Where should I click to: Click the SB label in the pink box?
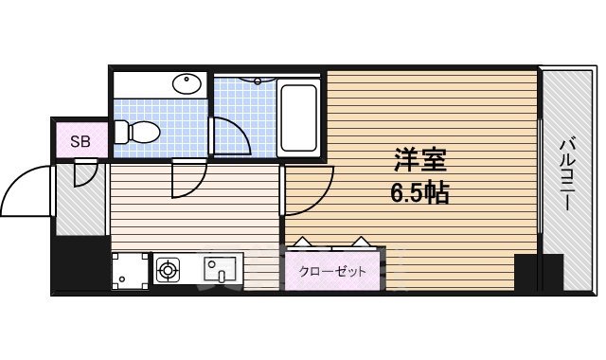point(80,142)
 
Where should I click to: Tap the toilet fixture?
point(137,132)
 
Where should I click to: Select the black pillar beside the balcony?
point(527,272)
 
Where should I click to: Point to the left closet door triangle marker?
point(302,242)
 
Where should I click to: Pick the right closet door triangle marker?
point(363,242)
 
